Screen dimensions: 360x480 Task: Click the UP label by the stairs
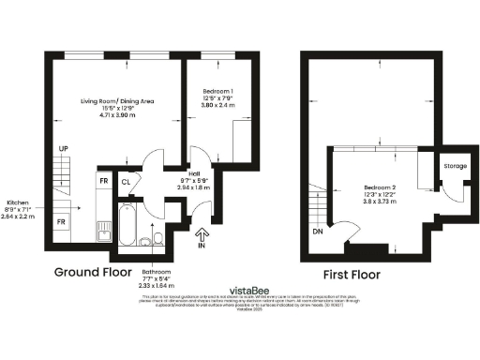click(x=63, y=149)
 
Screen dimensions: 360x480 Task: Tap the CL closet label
click(x=125, y=181)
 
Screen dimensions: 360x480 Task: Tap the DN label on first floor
click(x=317, y=230)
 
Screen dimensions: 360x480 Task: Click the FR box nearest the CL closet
click(x=104, y=181)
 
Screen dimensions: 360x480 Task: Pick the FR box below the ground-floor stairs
click(x=62, y=221)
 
